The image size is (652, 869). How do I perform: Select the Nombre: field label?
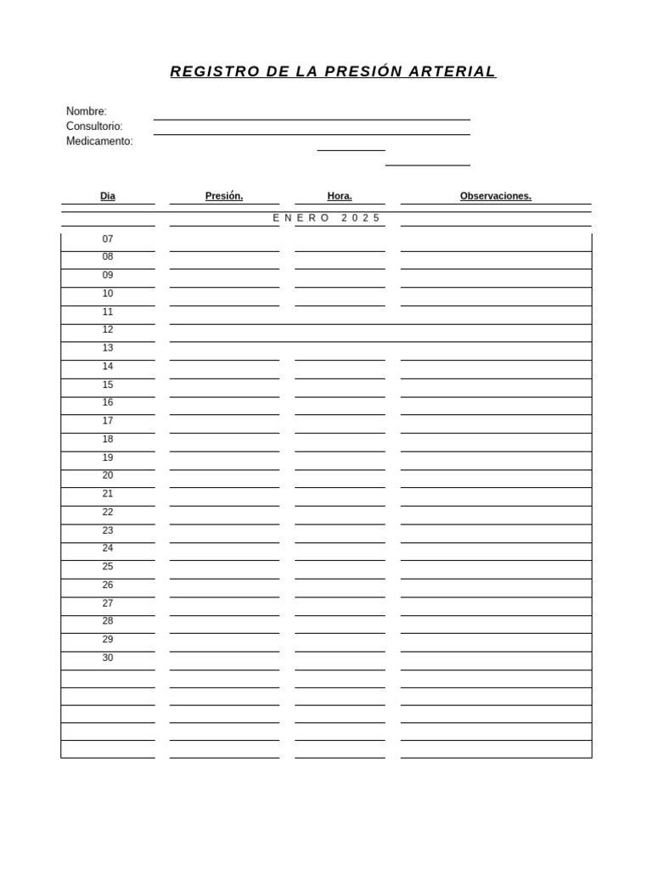[87, 111]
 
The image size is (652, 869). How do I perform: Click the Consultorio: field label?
[94, 126]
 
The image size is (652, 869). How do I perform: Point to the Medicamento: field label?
[99, 142]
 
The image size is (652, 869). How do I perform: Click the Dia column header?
[108, 196]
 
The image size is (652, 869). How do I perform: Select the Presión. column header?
[224, 196]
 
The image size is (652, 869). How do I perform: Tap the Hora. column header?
[340, 196]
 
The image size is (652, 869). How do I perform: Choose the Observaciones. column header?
[496, 196]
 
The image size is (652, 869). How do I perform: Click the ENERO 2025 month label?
[327, 218]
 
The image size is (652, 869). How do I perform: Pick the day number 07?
[108, 239]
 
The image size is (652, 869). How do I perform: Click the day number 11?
[108, 312]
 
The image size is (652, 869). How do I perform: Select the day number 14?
[108, 367]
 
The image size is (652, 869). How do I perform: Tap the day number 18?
[108, 440]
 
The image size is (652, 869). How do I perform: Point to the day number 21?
[108, 494]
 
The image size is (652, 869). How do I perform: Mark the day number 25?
[108, 567]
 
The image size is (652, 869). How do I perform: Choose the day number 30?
[108, 658]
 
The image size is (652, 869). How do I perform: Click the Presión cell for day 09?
[224, 277]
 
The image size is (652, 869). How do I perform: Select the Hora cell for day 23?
[340, 532]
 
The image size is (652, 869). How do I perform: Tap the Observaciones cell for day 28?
[496, 623]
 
